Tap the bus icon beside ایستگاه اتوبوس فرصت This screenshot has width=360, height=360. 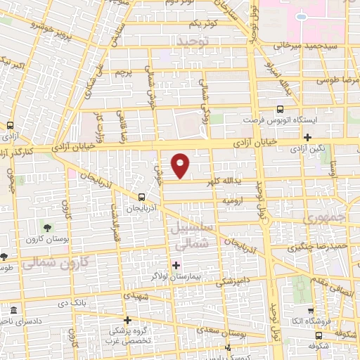281,109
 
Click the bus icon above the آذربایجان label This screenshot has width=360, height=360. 143,198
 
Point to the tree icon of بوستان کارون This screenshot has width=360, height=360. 47,228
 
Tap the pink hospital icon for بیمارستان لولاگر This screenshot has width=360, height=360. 176,265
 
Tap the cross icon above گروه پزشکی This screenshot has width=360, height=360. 127,320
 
